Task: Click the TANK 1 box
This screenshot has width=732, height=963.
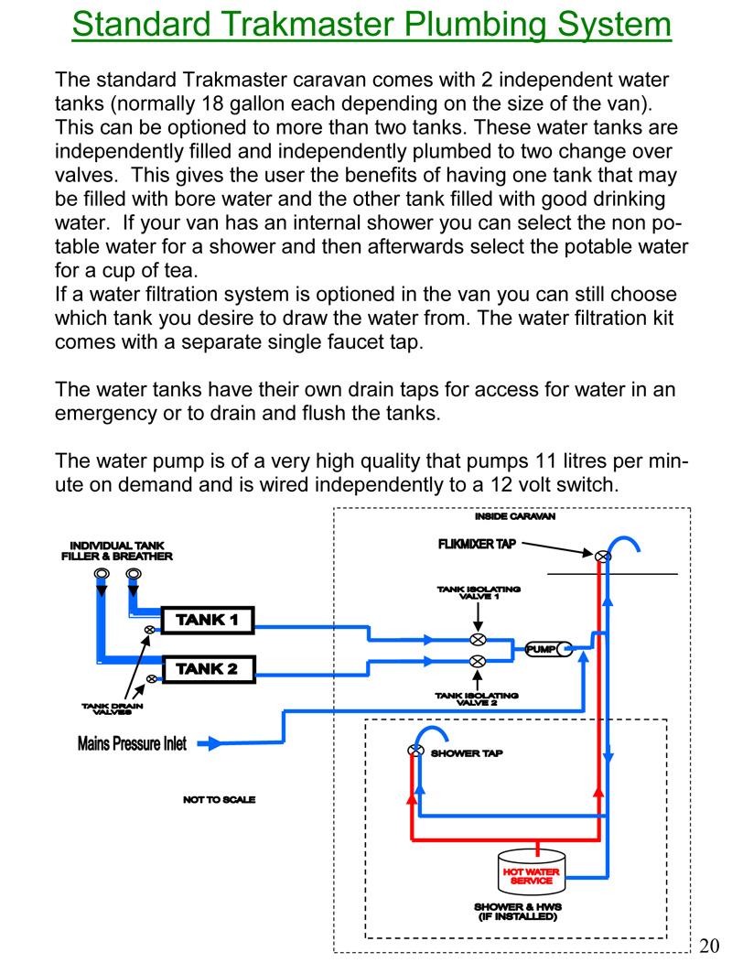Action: coord(207,620)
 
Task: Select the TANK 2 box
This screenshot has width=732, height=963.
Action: coord(207,668)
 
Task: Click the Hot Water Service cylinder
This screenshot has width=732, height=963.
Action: coord(532,873)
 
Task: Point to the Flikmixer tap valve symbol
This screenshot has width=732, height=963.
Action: coord(602,556)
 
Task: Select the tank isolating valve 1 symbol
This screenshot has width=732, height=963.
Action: coord(477,639)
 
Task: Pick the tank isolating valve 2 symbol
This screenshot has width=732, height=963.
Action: coord(477,661)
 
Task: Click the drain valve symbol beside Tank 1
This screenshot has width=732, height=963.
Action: coord(149,630)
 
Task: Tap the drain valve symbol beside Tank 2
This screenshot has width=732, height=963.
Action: coord(149,678)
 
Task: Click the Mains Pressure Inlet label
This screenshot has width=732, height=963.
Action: coord(132,743)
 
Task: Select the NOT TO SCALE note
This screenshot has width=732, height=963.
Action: coord(219,799)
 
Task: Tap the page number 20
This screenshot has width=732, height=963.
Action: coord(710,945)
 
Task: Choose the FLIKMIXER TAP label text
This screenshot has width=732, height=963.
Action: coord(476,544)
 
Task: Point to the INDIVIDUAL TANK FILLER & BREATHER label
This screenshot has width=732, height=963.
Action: coord(116,550)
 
